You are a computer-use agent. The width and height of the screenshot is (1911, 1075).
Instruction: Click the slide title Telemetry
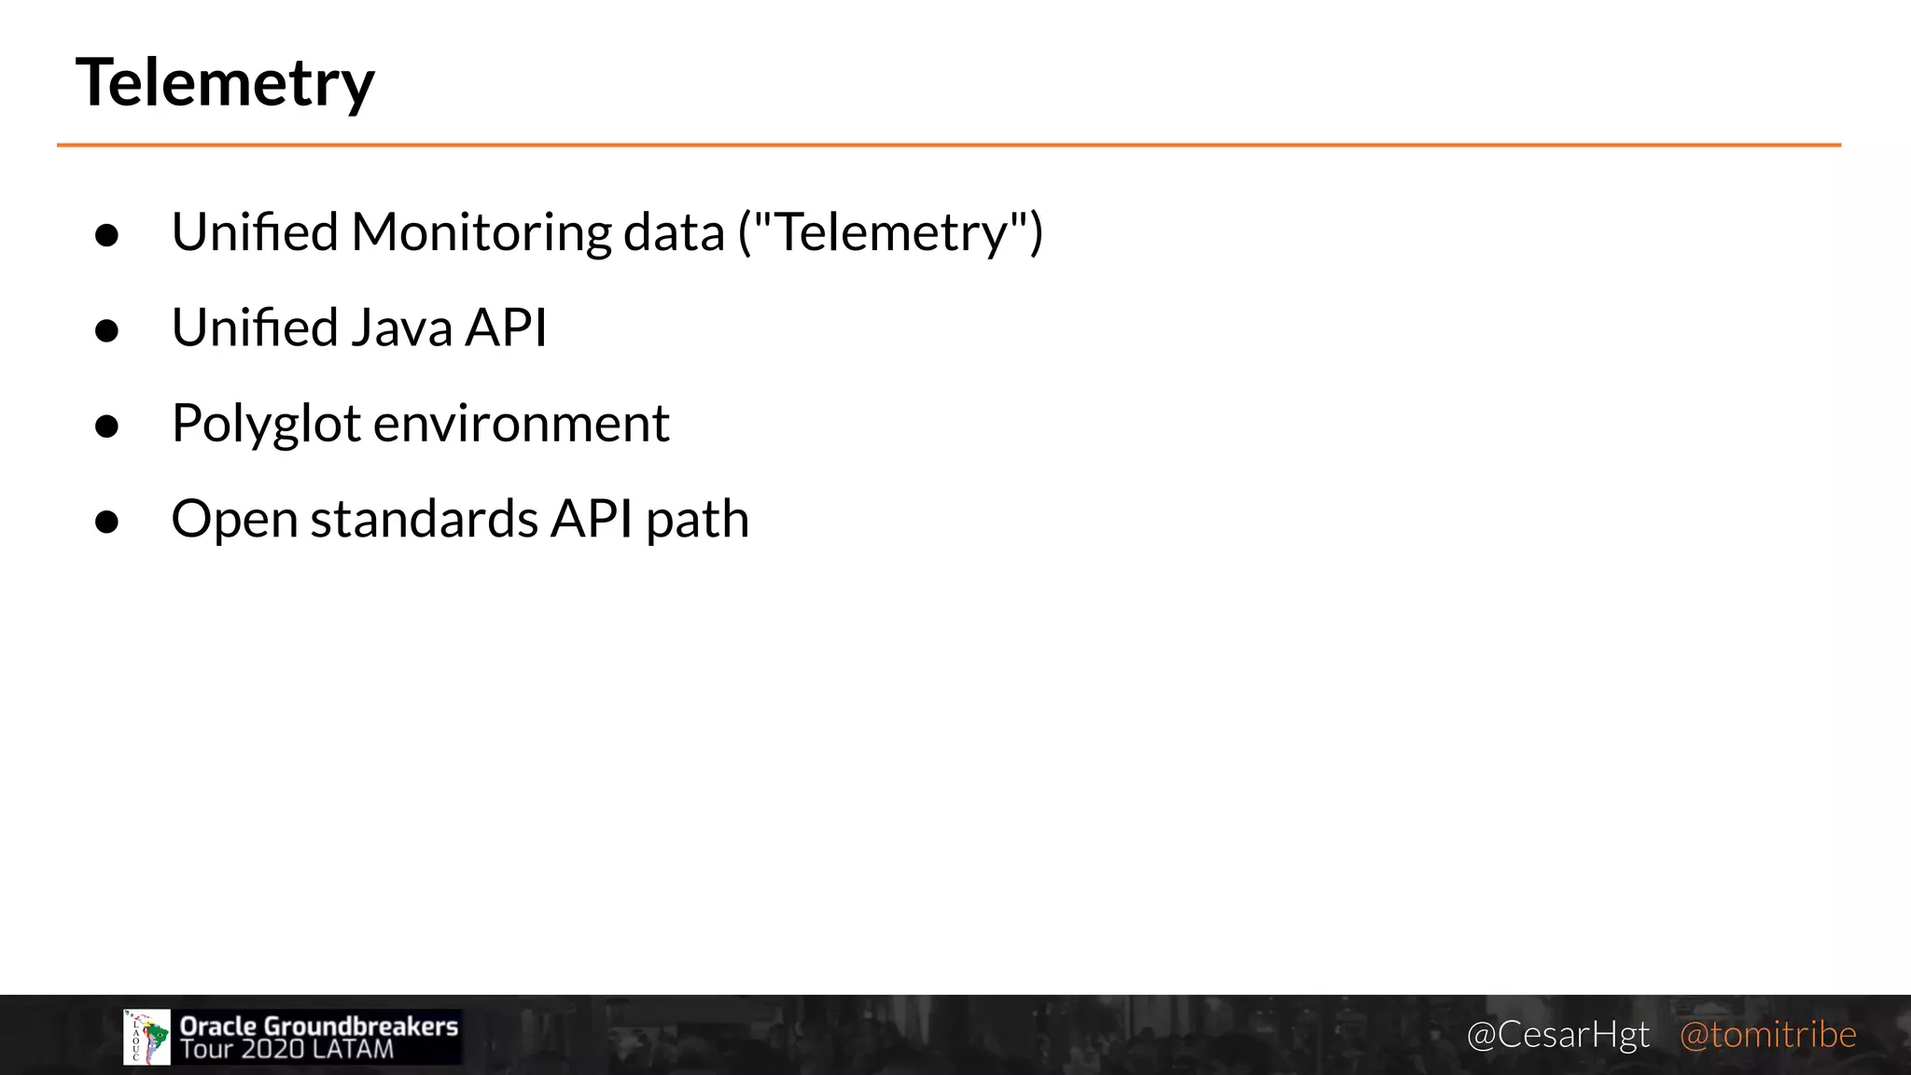[225, 83]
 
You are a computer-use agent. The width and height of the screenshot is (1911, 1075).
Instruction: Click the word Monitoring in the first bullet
[481, 232]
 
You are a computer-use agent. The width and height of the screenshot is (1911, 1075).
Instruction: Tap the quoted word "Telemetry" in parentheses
[890, 232]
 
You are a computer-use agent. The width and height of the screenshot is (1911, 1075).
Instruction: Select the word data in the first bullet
[673, 232]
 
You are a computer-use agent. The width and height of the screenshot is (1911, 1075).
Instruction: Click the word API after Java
[506, 328]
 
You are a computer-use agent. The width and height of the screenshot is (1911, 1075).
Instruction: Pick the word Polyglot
[266, 425]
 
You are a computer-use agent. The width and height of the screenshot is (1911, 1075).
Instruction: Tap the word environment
[522, 424]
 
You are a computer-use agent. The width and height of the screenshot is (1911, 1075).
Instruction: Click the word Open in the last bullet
[234, 520]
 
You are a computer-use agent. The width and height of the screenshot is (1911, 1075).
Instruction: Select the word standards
[425, 519]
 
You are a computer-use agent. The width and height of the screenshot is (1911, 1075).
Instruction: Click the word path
[697, 519]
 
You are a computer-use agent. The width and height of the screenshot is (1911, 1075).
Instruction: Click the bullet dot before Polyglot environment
[107, 426]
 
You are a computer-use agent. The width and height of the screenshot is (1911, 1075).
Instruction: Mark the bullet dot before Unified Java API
[107, 330]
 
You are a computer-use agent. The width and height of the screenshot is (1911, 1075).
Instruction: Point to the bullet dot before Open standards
[107, 521]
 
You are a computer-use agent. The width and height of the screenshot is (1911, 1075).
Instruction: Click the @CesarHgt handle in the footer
[1557, 1035]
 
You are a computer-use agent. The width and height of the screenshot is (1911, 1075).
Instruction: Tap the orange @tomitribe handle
[1767, 1035]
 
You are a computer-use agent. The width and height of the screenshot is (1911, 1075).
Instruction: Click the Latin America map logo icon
[146, 1037]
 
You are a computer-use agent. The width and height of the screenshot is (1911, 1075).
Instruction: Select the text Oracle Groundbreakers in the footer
[319, 1026]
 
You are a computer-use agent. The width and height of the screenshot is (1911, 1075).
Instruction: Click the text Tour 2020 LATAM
[287, 1050]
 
